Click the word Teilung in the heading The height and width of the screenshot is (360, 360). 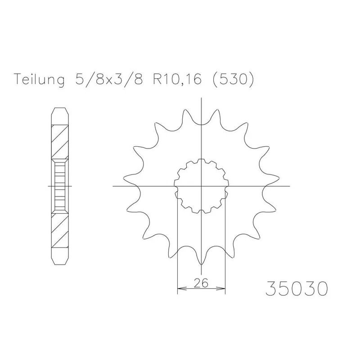tap(39, 80)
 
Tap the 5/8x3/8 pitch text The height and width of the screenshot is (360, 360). tap(109, 79)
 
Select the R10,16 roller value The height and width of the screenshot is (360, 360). tap(177, 80)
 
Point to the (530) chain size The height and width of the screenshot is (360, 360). tap(233, 80)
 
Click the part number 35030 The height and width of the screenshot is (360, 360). tap(297, 288)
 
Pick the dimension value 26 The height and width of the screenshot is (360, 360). tap(201, 283)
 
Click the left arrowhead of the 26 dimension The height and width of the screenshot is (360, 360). tap(181, 288)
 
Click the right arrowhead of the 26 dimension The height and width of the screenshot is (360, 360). tap(221, 288)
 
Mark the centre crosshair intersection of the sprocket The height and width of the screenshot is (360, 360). tap(201, 186)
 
